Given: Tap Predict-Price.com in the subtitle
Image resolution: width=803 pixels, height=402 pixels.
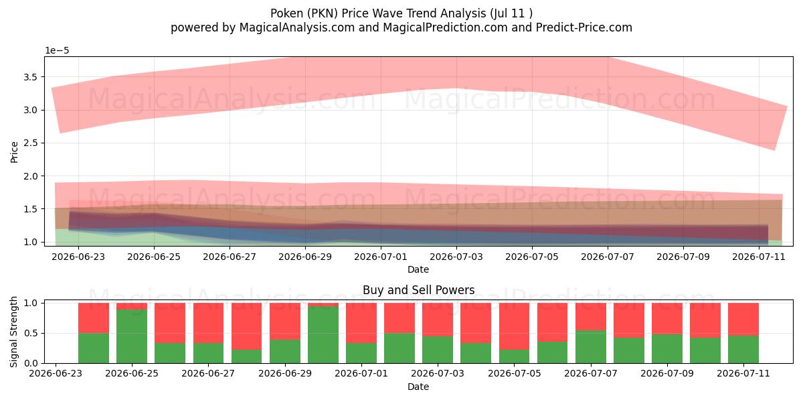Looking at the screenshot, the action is pos(584,27).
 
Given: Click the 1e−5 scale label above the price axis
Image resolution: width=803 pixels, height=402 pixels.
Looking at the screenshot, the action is pos(57,51).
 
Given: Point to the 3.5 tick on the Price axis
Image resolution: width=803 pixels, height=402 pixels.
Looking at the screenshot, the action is pos(30,77).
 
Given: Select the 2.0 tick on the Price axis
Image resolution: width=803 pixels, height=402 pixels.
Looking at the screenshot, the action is pos(30,176).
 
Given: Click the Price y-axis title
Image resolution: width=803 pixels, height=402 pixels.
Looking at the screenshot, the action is pos(14,152).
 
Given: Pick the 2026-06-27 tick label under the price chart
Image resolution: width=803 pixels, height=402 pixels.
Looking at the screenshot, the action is pos(230,257).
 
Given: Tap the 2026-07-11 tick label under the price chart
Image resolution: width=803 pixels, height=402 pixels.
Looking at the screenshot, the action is pos(759,257).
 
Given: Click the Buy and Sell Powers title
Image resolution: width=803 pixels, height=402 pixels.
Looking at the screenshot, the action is pos(418,290).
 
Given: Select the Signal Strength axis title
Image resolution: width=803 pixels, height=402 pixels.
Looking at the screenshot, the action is pos(13,332).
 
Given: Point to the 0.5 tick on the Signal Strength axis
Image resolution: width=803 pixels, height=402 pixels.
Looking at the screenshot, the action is pos(30,333).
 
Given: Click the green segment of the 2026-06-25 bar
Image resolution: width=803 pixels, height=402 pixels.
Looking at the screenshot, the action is pos(132,336).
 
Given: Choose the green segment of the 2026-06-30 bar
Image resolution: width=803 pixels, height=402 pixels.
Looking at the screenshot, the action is pos(323,334).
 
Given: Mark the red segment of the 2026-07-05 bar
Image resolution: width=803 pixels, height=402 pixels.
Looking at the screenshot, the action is pos(514,326).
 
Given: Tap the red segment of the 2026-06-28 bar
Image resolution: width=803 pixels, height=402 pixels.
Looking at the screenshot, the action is pos(246,326).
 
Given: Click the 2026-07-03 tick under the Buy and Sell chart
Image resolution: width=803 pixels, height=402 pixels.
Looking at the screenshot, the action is pos(438,374).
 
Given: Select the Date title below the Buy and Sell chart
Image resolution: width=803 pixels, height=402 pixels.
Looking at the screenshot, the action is pos(418,387).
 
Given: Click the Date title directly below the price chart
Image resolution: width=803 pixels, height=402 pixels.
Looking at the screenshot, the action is pos(418,269).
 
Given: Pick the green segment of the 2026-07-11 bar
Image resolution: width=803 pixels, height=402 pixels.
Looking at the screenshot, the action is pos(743,350).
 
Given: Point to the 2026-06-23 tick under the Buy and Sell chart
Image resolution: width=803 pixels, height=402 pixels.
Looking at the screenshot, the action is pos(56,374).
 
